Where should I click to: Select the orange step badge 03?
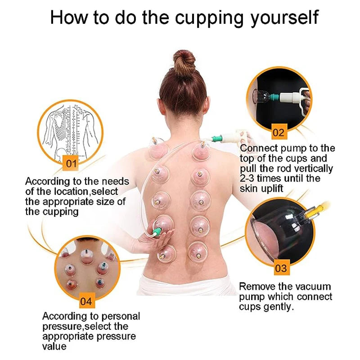pyautogui.click(x=280, y=268)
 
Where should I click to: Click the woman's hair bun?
pyautogui.click(x=184, y=62)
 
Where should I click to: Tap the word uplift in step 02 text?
pyautogui.click(x=270, y=189)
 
